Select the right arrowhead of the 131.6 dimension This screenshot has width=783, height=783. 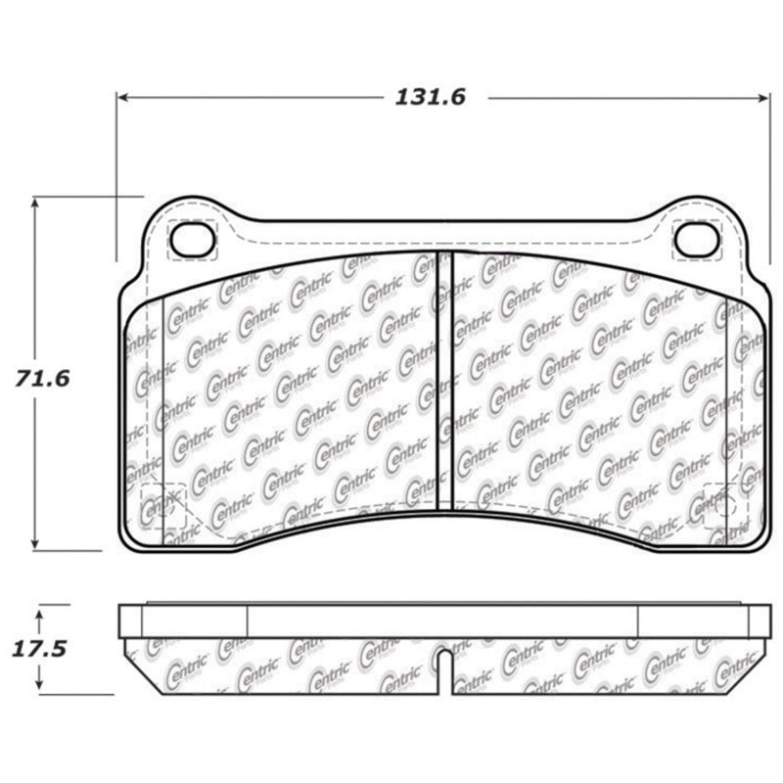click(x=764, y=97)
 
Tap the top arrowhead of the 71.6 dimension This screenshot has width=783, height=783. click(x=36, y=202)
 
